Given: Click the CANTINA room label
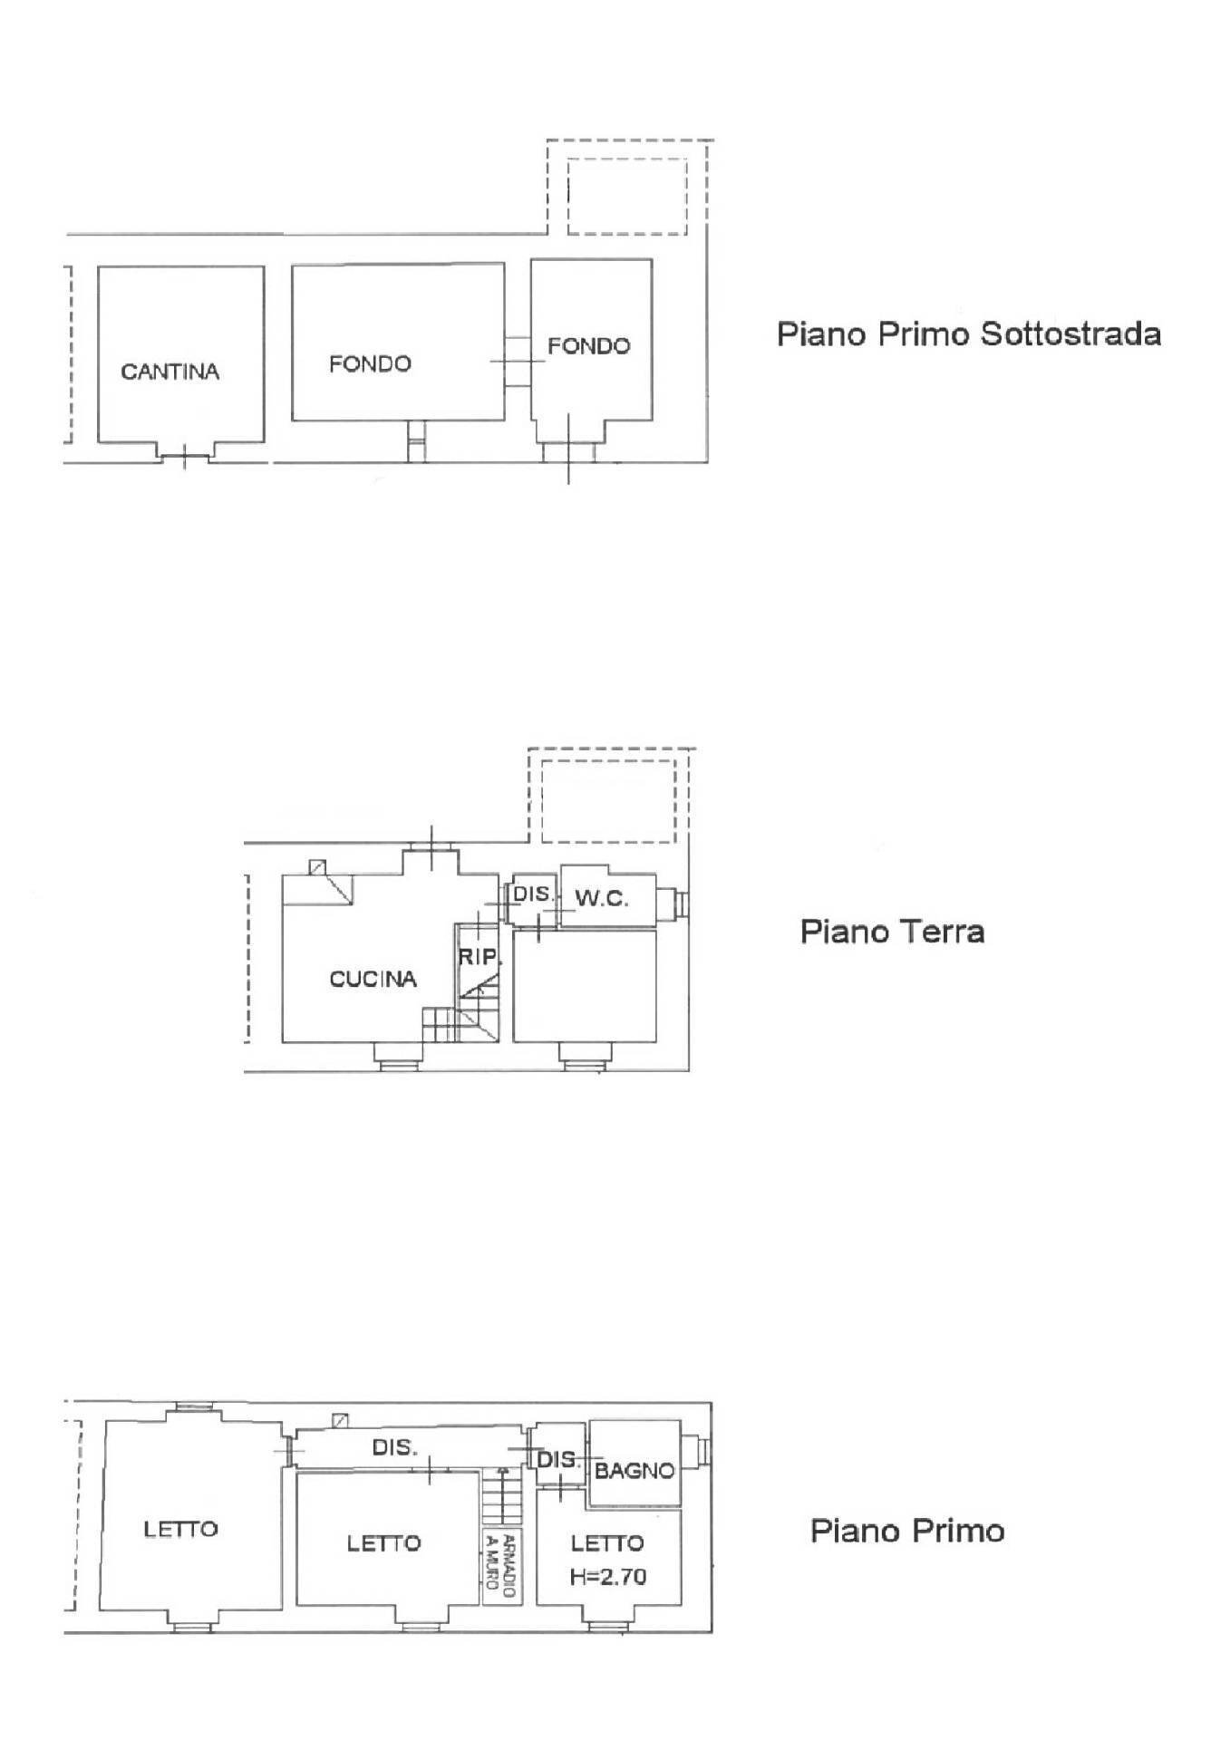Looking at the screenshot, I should coord(170,372).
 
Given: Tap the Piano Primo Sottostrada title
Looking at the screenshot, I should coord(968,334).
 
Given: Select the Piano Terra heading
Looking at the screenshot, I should coord(892,932).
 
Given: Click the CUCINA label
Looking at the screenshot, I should coord(373,979).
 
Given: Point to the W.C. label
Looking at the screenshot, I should coord(602,899).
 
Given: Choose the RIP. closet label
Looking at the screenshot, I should coord(480,956).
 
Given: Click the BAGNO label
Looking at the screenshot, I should coord(635,1470).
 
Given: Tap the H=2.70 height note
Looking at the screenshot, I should coord(608,1577).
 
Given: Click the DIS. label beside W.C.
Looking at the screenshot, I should coord(532,894).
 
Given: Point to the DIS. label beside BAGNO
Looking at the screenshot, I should coord(557,1459).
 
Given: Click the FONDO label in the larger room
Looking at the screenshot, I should coord(370,364).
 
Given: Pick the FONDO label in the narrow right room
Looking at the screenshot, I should coord(588,345).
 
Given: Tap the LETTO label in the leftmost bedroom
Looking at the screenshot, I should coord(181,1529).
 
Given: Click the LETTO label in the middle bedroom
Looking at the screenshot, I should coord(383,1542).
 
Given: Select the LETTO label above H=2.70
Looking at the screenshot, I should coord(606,1542).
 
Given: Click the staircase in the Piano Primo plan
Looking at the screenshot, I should coord(502,1496).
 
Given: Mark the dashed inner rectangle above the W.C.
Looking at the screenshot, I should coord(607,801).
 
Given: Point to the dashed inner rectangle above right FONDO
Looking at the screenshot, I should coord(626,196).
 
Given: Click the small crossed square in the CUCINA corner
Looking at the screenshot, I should coord(316,867).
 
